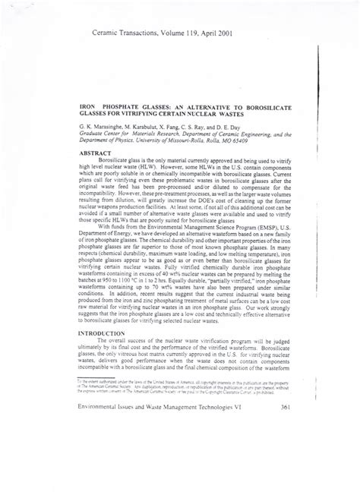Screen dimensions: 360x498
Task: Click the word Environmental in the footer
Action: coord(104,472)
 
